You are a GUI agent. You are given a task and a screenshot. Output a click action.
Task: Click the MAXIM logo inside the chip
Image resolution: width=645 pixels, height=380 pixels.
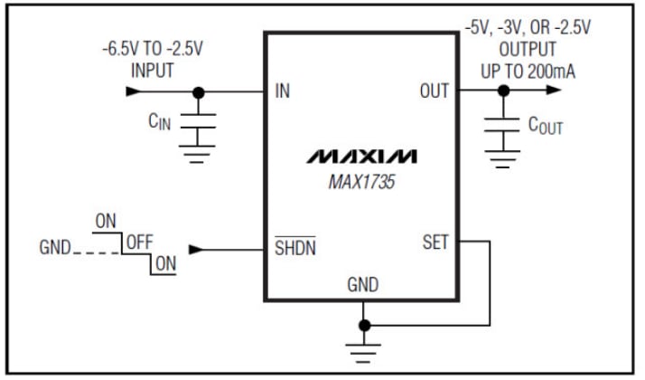361,156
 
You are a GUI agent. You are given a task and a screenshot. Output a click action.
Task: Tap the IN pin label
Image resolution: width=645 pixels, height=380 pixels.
283,91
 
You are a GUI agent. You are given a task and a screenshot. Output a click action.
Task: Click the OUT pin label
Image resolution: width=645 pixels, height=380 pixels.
435,91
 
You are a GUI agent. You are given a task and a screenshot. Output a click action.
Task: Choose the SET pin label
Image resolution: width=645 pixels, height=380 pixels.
435,242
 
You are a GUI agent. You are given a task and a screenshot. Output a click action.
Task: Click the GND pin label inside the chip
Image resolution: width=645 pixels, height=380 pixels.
363,285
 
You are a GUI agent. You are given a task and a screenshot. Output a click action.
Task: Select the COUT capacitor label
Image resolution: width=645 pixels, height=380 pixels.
545,126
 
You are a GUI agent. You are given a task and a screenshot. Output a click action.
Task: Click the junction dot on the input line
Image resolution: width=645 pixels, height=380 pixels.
198,91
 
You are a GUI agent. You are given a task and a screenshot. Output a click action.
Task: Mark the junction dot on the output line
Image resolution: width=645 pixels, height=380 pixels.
502,91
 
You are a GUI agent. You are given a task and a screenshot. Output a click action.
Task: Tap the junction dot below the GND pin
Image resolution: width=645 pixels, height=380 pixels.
363,324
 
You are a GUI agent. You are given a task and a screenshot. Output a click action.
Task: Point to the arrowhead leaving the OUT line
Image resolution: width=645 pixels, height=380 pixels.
553,91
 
